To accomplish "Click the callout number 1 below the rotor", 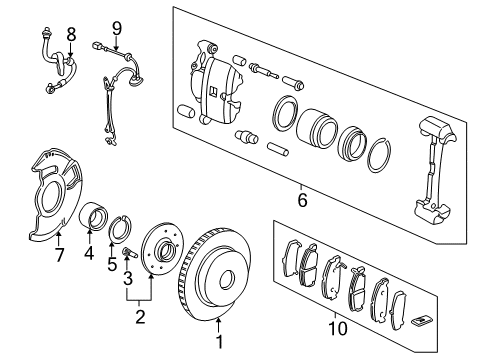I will [220, 348].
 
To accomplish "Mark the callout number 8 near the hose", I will [71, 35].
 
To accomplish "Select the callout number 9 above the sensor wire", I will [116, 27].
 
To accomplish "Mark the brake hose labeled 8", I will [57, 65].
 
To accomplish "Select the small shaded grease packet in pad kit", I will [423, 320].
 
